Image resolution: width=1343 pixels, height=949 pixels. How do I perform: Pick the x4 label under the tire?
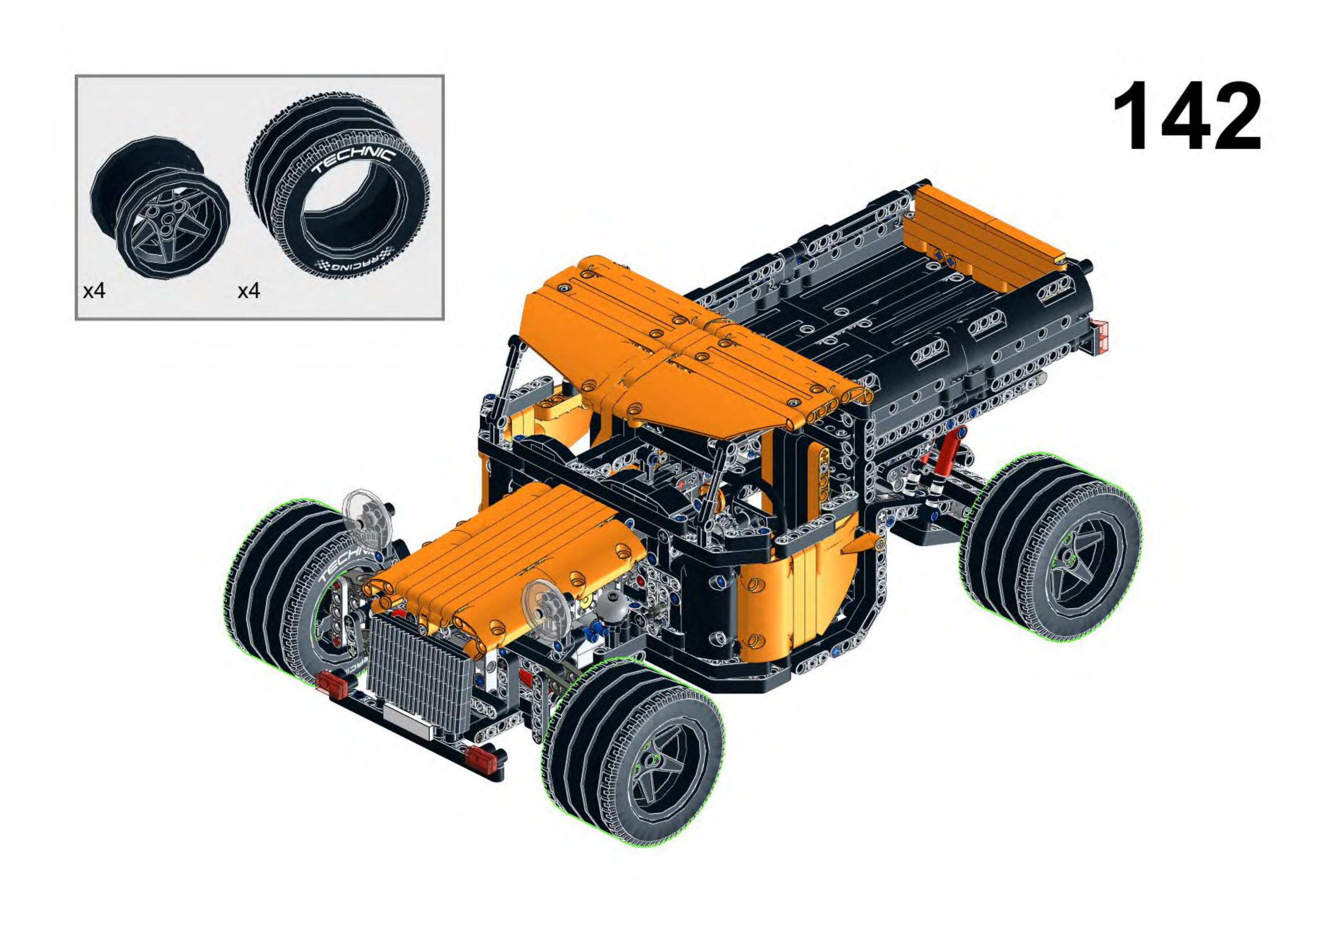point(249,290)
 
